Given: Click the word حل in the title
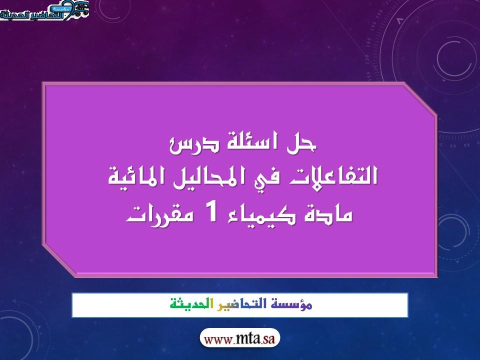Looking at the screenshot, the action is (x=301, y=143).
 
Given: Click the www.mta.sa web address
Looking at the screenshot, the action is (x=239, y=339).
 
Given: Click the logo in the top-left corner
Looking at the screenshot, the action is (x=44, y=10).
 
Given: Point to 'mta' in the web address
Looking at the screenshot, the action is (x=248, y=339).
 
